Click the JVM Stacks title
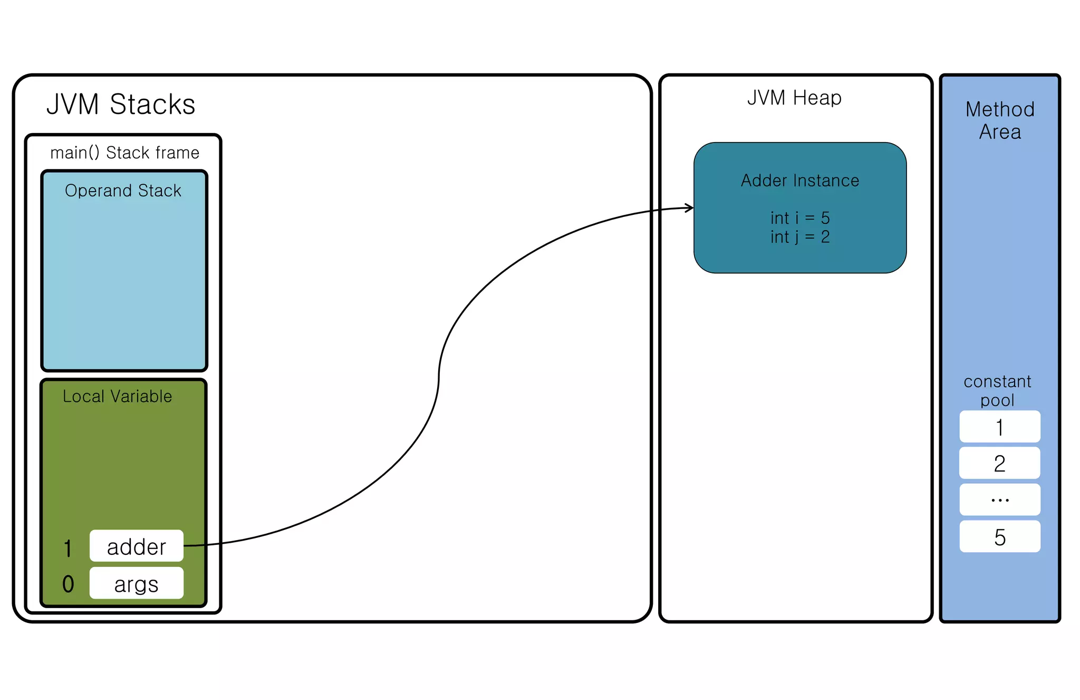click(x=121, y=105)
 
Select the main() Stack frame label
click(x=124, y=153)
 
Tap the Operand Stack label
click(x=123, y=191)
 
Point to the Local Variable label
click(x=117, y=396)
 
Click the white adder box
click(x=137, y=546)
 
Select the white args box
click(x=137, y=583)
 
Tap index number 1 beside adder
click(x=67, y=548)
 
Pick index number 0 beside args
click(x=68, y=584)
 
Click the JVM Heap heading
click(x=794, y=98)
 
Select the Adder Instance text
click(x=800, y=181)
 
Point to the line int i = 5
click(x=800, y=218)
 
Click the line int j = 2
click(x=800, y=237)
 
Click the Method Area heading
click(x=1000, y=120)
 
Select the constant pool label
click(x=997, y=391)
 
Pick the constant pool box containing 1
click(x=1000, y=427)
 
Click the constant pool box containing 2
click(x=1000, y=463)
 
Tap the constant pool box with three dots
click(x=1000, y=499)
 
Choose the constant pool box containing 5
click(x=1000, y=537)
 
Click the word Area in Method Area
click(x=1000, y=132)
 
